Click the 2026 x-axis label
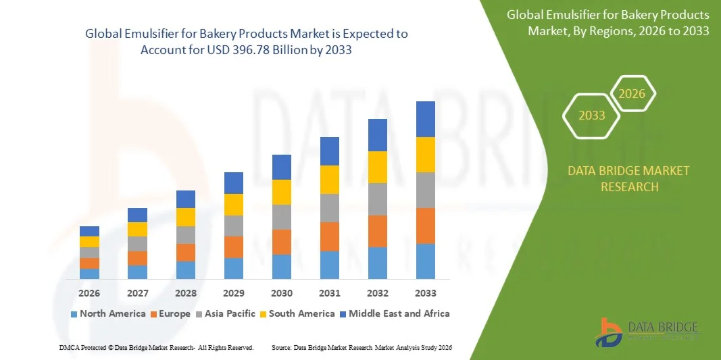89,293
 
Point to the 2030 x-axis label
282,293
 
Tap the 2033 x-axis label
426,293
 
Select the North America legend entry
107,313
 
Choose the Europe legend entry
173,313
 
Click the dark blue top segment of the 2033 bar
426,119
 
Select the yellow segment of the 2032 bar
378,167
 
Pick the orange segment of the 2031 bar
330,236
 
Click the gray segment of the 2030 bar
282,217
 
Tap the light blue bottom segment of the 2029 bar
234,268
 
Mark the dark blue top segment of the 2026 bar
89,231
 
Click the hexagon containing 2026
632,94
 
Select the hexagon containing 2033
592,115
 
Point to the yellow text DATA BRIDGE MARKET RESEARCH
629,178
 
